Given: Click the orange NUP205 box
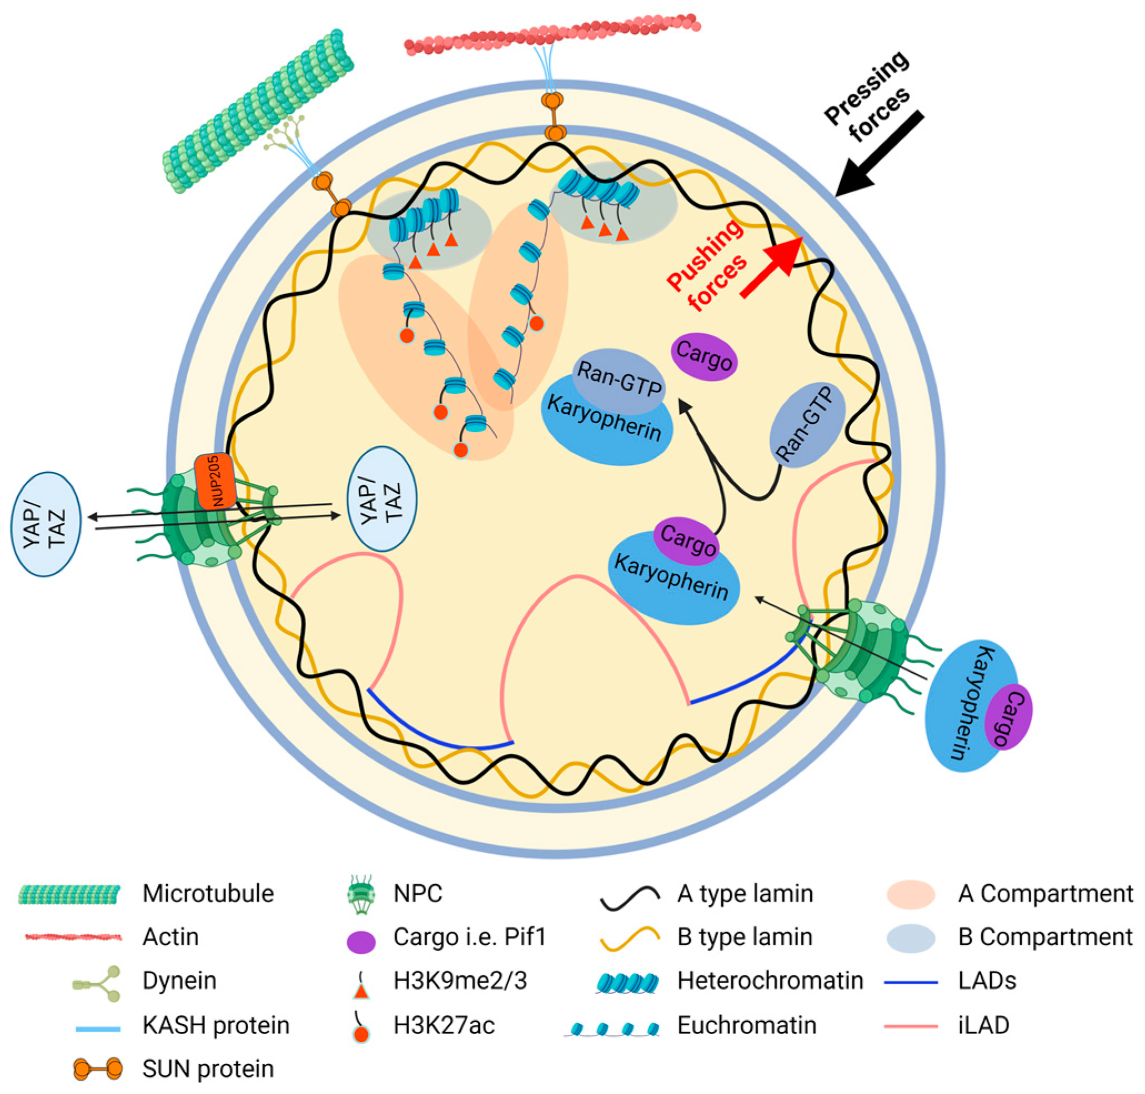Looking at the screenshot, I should click(215, 482).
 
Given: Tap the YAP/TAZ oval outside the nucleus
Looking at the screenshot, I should click(46, 523).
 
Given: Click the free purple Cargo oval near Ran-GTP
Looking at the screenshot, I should click(704, 356).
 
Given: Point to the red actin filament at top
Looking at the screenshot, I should click(551, 34).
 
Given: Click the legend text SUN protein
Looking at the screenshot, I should click(208, 1069).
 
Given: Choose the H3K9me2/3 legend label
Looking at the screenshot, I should click(460, 981).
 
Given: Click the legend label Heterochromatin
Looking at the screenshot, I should click(770, 981).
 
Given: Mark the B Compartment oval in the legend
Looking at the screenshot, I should click(910, 937).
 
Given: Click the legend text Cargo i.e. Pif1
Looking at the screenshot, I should click(469, 937).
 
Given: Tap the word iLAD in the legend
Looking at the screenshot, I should click(983, 1025).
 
